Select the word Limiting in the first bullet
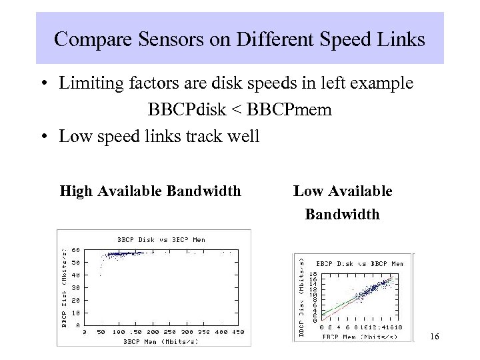(87, 85)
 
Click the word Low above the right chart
(307, 192)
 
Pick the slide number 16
(434, 337)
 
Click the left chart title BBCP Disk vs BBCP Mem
(161, 239)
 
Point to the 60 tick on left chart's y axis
(76, 249)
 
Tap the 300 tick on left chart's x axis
(186, 331)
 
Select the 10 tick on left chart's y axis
(76, 313)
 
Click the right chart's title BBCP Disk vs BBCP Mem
(360, 263)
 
